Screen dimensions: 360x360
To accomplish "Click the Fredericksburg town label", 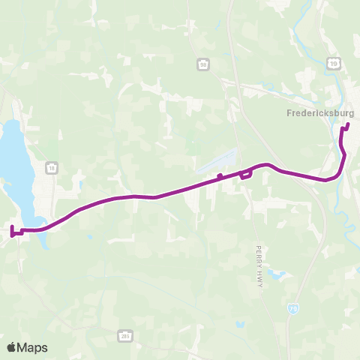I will pyautogui.click(x=320, y=114).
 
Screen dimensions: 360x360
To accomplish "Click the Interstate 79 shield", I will pyautogui.click(x=292, y=307).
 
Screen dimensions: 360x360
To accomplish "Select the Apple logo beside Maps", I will pyautogui.click(x=12, y=347).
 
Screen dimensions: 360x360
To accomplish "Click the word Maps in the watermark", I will pyautogui.click(x=33, y=347).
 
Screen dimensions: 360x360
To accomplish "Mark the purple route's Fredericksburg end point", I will pyautogui.click(x=347, y=124).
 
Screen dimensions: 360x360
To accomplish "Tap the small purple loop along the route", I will pyautogui.click(x=244, y=175).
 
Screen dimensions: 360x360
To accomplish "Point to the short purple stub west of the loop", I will pyautogui.click(x=219, y=177).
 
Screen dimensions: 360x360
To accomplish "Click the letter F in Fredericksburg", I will pyautogui.click(x=289, y=114).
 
